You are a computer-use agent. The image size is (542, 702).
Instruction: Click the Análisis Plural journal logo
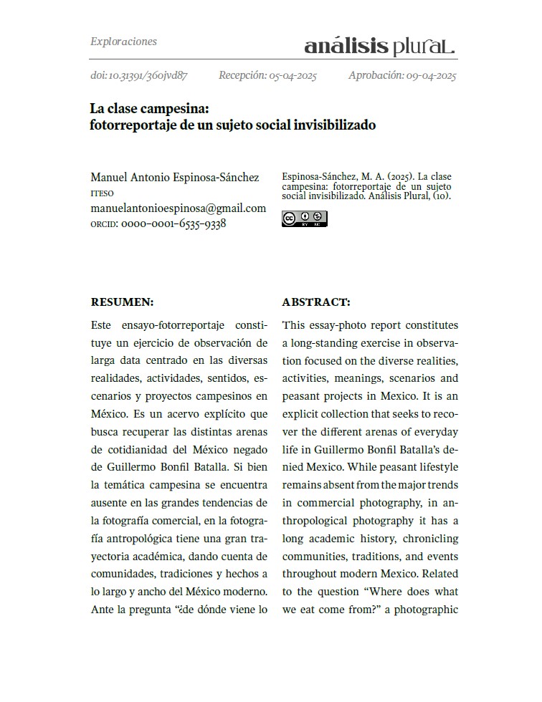(379, 47)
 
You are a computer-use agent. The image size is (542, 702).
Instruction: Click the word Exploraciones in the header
(123, 42)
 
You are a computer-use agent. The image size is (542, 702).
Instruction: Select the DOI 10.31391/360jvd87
(139, 75)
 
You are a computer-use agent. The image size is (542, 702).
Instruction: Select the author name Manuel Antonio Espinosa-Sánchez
(175, 177)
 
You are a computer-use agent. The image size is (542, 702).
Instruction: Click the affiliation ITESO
(102, 193)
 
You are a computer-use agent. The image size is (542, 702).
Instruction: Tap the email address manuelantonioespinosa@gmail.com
(178, 208)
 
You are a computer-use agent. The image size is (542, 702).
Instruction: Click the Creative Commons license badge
(304, 218)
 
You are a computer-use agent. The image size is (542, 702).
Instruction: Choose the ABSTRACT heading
(315, 302)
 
